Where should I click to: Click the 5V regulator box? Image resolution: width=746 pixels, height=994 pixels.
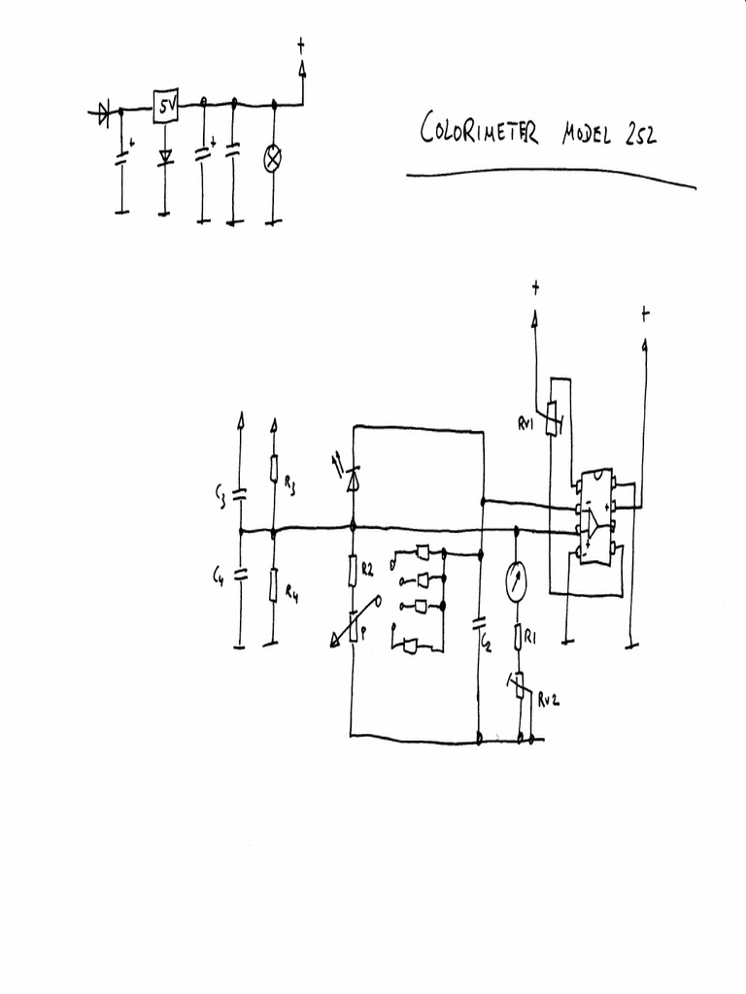165,109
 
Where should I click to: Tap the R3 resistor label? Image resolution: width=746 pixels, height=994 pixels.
289,486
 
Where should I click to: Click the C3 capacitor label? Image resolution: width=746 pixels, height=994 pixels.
221,499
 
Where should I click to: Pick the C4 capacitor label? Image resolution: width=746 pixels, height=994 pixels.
220,579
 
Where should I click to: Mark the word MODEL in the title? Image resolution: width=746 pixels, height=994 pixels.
586,133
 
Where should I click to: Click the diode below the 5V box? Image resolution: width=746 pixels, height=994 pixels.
165,155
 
